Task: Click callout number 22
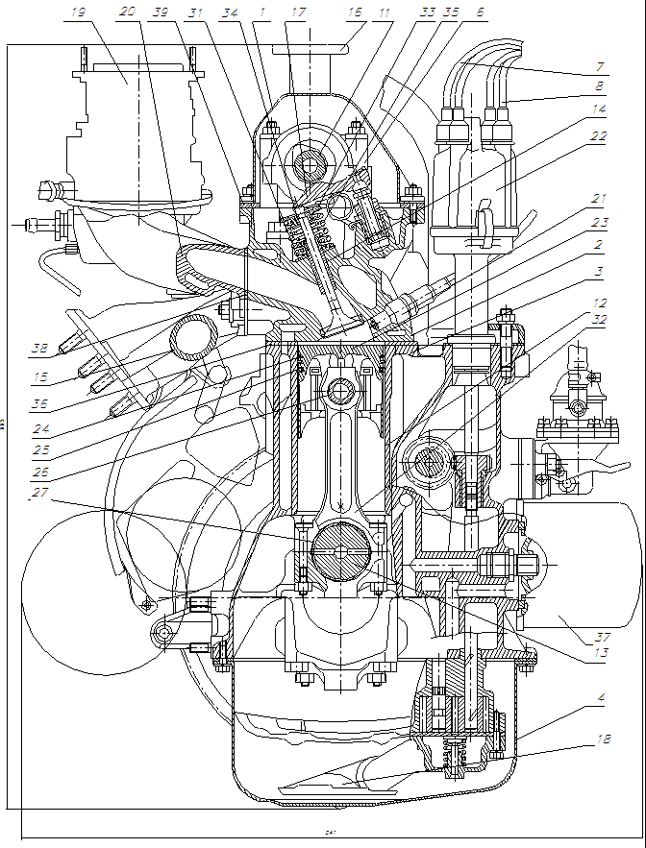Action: tap(599, 137)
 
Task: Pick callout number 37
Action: tap(603, 637)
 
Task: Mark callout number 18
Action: tap(601, 740)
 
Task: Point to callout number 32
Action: tap(599, 320)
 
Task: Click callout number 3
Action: tap(599, 272)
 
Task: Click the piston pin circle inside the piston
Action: tap(340, 392)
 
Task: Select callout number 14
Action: tap(599, 110)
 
